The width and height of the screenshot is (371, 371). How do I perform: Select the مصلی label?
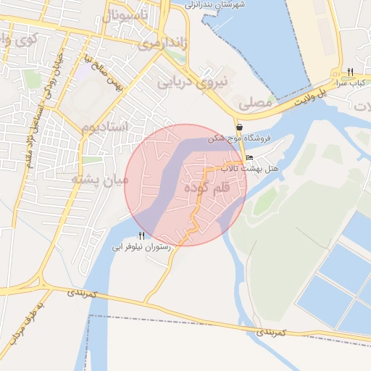point(254,104)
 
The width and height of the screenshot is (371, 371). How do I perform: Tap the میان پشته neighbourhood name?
point(101,179)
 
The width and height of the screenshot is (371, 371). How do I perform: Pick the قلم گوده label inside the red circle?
point(207,188)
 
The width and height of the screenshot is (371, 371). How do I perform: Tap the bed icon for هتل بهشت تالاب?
point(249,158)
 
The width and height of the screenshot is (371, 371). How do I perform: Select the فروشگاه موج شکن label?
point(239,138)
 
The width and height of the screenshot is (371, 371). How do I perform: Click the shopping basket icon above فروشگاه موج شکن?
point(239,127)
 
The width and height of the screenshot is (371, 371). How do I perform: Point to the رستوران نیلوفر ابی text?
point(141,247)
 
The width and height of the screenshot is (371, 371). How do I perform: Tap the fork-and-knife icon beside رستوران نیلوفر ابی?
point(141,235)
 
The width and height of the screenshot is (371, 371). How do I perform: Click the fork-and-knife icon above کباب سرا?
point(350,72)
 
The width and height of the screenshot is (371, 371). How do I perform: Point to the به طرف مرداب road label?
point(21,322)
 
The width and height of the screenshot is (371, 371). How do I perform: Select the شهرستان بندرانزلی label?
point(218,4)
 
